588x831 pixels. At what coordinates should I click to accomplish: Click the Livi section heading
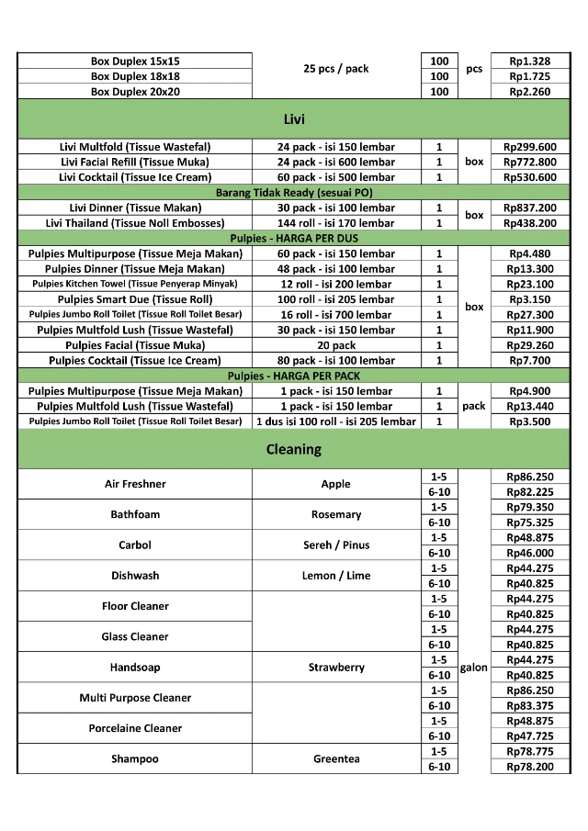click(294, 119)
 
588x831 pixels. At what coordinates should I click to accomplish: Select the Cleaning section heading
click(294, 449)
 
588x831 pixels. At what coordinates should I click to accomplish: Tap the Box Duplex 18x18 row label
click(135, 76)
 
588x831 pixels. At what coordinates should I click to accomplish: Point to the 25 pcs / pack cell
click(336, 69)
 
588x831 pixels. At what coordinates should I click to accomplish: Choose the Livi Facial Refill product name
click(135, 162)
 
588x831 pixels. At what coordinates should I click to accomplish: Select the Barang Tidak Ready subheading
click(294, 193)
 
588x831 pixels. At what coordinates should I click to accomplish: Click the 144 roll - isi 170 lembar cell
click(336, 223)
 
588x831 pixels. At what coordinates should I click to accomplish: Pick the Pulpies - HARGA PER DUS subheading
click(294, 238)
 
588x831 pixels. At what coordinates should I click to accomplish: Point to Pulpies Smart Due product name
click(135, 299)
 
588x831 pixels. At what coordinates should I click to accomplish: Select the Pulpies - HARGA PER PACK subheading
click(294, 376)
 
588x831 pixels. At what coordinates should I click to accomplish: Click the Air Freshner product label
click(135, 484)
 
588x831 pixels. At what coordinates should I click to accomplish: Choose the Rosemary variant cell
click(336, 514)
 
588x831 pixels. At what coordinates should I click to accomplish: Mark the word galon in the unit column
click(473, 668)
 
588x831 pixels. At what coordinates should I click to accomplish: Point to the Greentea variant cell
click(336, 758)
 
